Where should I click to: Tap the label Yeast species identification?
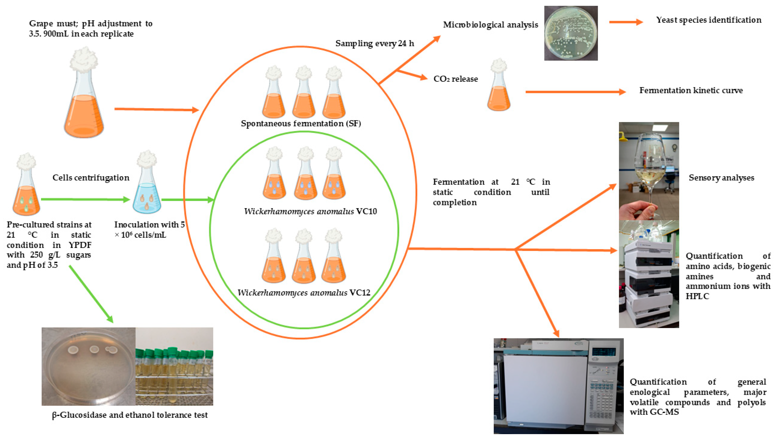pyautogui.click(x=708, y=20)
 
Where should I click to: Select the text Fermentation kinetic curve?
pyautogui.click(x=691, y=90)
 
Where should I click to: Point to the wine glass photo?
pyautogui.click(x=649, y=171)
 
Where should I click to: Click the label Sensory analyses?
pyautogui.click(x=721, y=178)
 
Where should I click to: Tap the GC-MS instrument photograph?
pyautogui.click(x=558, y=386)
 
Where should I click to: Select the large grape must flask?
pyautogui.click(x=84, y=97)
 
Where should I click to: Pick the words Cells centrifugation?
pyautogui.click(x=91, y=178)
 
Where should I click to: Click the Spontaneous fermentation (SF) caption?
pyautogui.click(x=301, y=123)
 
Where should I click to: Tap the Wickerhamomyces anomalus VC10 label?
pyautogui.click(x=310, y=211)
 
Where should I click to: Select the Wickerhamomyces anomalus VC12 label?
pyautogui.click(x=304, y=293)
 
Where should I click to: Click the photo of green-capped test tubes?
pyautogui.click(x=174, y=367)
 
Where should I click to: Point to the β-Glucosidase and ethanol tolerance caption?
pyautogui.click(x=130, y=415)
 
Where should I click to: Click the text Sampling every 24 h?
pyautogui.click(x=374, y=44)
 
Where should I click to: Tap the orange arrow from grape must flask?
pyautogui.click(x=156, y=109)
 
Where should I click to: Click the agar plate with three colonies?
pyautogui.click(x=88, y=367)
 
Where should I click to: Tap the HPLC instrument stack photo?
pyautogui.click(x=649, y=274)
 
